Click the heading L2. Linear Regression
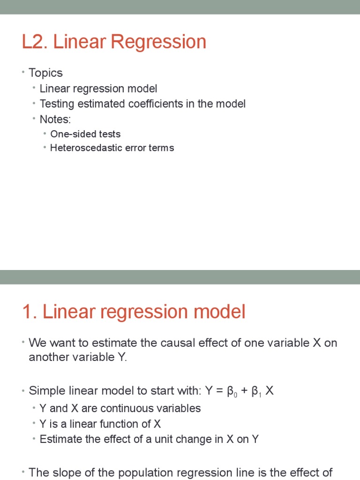[x=114, y=42]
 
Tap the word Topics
[x=45, y=73]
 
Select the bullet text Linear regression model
[x=98, y=89]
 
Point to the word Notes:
[x=55, y=119]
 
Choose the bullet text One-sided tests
[x=85, y=134]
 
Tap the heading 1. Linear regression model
[x=134, y=312]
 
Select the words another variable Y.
[x=77, y=357]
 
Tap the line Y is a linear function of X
[x=100, y=424]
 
